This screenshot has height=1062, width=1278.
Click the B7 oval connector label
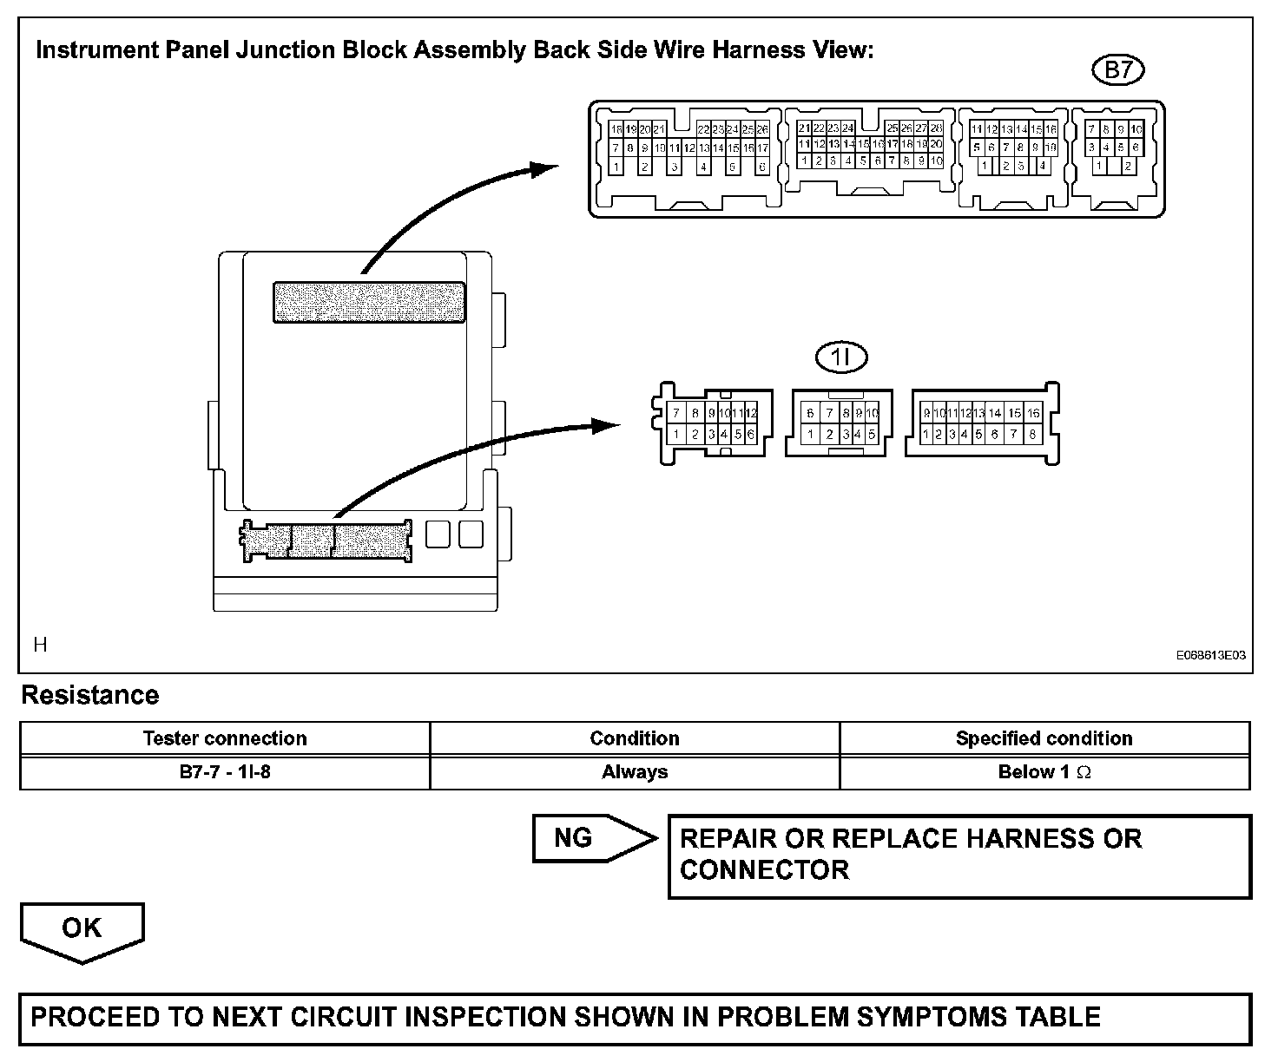(x=1117, y=70)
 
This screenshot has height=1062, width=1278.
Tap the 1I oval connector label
(x=841, y=357)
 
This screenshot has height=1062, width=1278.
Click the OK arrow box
(x=82, y=930)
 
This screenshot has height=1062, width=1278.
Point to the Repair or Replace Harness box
(x=959, y=855)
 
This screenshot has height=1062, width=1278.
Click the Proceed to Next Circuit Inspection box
(x=635, y=1017)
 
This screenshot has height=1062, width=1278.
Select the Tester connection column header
(x=224, y=738)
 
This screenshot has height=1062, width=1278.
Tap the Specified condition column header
(x=1044, y=738)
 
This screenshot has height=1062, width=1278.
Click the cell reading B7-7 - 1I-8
(x=224, y=771)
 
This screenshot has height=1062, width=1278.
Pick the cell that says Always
(x=635, y=771)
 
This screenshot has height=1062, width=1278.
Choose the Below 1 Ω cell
(x=1044, y=771)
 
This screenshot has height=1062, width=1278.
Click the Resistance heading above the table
(x=90, y=696)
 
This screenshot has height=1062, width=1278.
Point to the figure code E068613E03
(x=1210, y=655)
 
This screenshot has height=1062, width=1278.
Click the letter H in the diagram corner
(x=40, y=644)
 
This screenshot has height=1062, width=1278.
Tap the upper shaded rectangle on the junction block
(x=369, y=302)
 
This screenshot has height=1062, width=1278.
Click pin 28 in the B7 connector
(x=936, y=128)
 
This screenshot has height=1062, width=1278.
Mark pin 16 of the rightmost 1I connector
(x=1033, y=414)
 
